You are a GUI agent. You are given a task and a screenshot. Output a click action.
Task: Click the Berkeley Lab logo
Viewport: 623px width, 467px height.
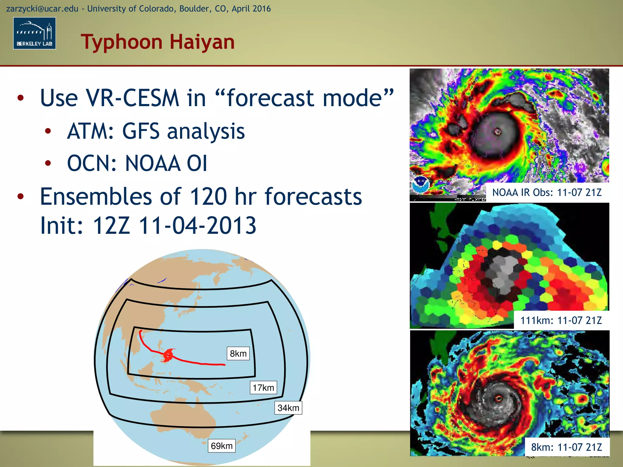tap(34, 33)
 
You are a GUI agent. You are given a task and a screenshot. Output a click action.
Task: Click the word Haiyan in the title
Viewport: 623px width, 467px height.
tap(202, 42)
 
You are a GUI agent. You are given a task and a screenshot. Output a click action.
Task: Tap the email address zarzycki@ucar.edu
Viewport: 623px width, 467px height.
tap(42, 9)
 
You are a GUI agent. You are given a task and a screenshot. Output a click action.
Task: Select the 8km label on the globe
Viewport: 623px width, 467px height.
tap(238, 354)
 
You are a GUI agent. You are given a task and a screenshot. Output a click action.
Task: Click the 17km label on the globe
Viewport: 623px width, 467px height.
tap(263, 388)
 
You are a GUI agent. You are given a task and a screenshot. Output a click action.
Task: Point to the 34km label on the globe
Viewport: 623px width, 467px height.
tap(288, 408)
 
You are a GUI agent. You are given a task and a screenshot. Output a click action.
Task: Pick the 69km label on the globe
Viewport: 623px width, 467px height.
tap(222, 446)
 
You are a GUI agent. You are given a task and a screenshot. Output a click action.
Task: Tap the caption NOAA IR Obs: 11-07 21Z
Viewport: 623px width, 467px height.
tap(547, 192)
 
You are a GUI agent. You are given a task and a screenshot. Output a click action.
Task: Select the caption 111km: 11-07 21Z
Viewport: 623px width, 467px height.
tap(561, 320)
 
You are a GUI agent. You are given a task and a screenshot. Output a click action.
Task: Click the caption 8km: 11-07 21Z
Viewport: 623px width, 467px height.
tap(566, 447)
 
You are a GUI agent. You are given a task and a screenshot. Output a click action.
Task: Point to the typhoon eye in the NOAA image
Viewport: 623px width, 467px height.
tap(498, 132)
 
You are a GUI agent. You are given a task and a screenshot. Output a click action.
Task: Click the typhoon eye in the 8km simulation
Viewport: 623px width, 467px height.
tap(499, 398)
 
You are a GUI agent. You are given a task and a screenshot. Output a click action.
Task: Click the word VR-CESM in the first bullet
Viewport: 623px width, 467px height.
tap(132, 98)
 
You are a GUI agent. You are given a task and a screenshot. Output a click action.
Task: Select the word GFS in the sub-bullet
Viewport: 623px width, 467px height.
tap(141, 131)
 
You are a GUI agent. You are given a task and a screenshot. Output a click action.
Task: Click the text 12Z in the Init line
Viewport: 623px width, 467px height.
tap(111, 226)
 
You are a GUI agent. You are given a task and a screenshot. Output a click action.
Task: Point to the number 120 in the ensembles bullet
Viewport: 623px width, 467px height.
tap(208, 197)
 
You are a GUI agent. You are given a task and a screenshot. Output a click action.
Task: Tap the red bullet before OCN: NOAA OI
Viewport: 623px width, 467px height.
tap(48, 163)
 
